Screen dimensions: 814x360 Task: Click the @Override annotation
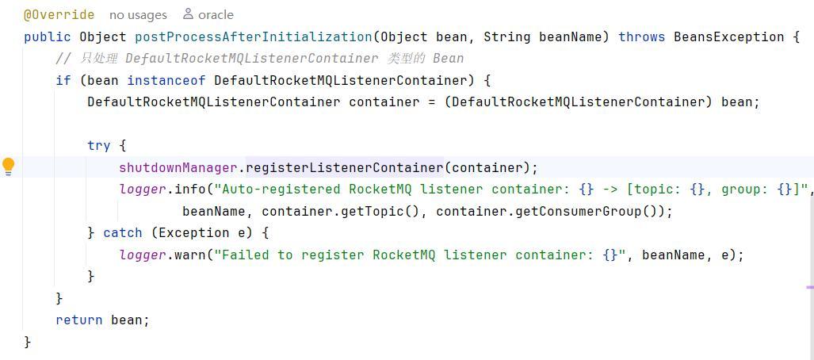(59, 14)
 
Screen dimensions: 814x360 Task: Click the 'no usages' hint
(138, 14)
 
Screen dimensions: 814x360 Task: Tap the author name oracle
(215, 14)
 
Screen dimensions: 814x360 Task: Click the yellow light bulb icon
(9, 166)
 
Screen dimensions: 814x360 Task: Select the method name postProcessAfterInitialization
(253, 36)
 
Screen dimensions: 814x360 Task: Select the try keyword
(99, 145)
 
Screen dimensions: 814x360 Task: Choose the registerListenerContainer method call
(344, 167)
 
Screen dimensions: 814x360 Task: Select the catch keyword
(123, 232)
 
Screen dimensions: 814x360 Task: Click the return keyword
(79, 320)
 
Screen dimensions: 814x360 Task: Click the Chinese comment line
(259, 58)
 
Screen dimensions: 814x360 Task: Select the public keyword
(48, 36)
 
